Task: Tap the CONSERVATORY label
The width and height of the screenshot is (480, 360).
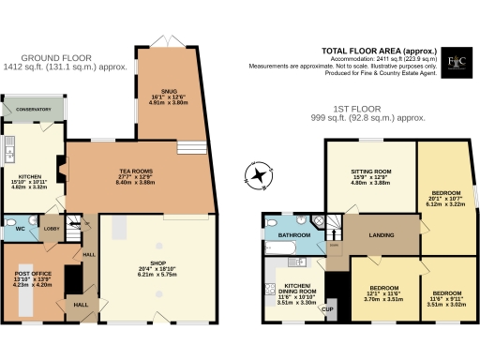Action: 33,110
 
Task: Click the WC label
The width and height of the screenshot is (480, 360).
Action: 19,228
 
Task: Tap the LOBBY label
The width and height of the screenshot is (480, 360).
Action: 51,227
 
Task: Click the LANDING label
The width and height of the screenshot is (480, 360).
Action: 380,234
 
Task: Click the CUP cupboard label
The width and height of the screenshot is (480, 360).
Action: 327,308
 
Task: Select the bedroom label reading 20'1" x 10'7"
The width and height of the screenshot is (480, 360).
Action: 446,189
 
